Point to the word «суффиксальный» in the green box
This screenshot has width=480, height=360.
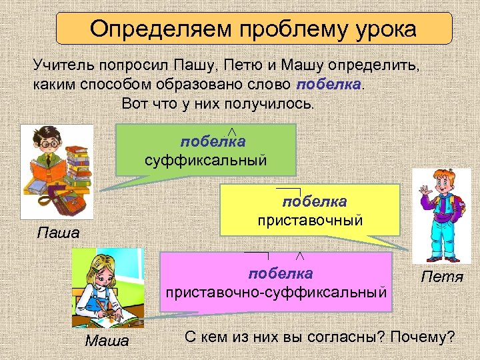(x=206, y=160)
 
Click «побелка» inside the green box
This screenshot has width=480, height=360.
(x=213, y=142)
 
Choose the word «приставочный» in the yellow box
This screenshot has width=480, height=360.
(x=311, y=219)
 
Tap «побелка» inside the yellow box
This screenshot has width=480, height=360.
(x=314, y=201)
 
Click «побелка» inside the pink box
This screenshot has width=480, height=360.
(x=281, y=273)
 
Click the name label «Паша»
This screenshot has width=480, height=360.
(x=57, y=233)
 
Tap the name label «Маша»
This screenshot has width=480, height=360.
(x=107, y=342)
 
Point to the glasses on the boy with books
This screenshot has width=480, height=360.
(x=47, y=143)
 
